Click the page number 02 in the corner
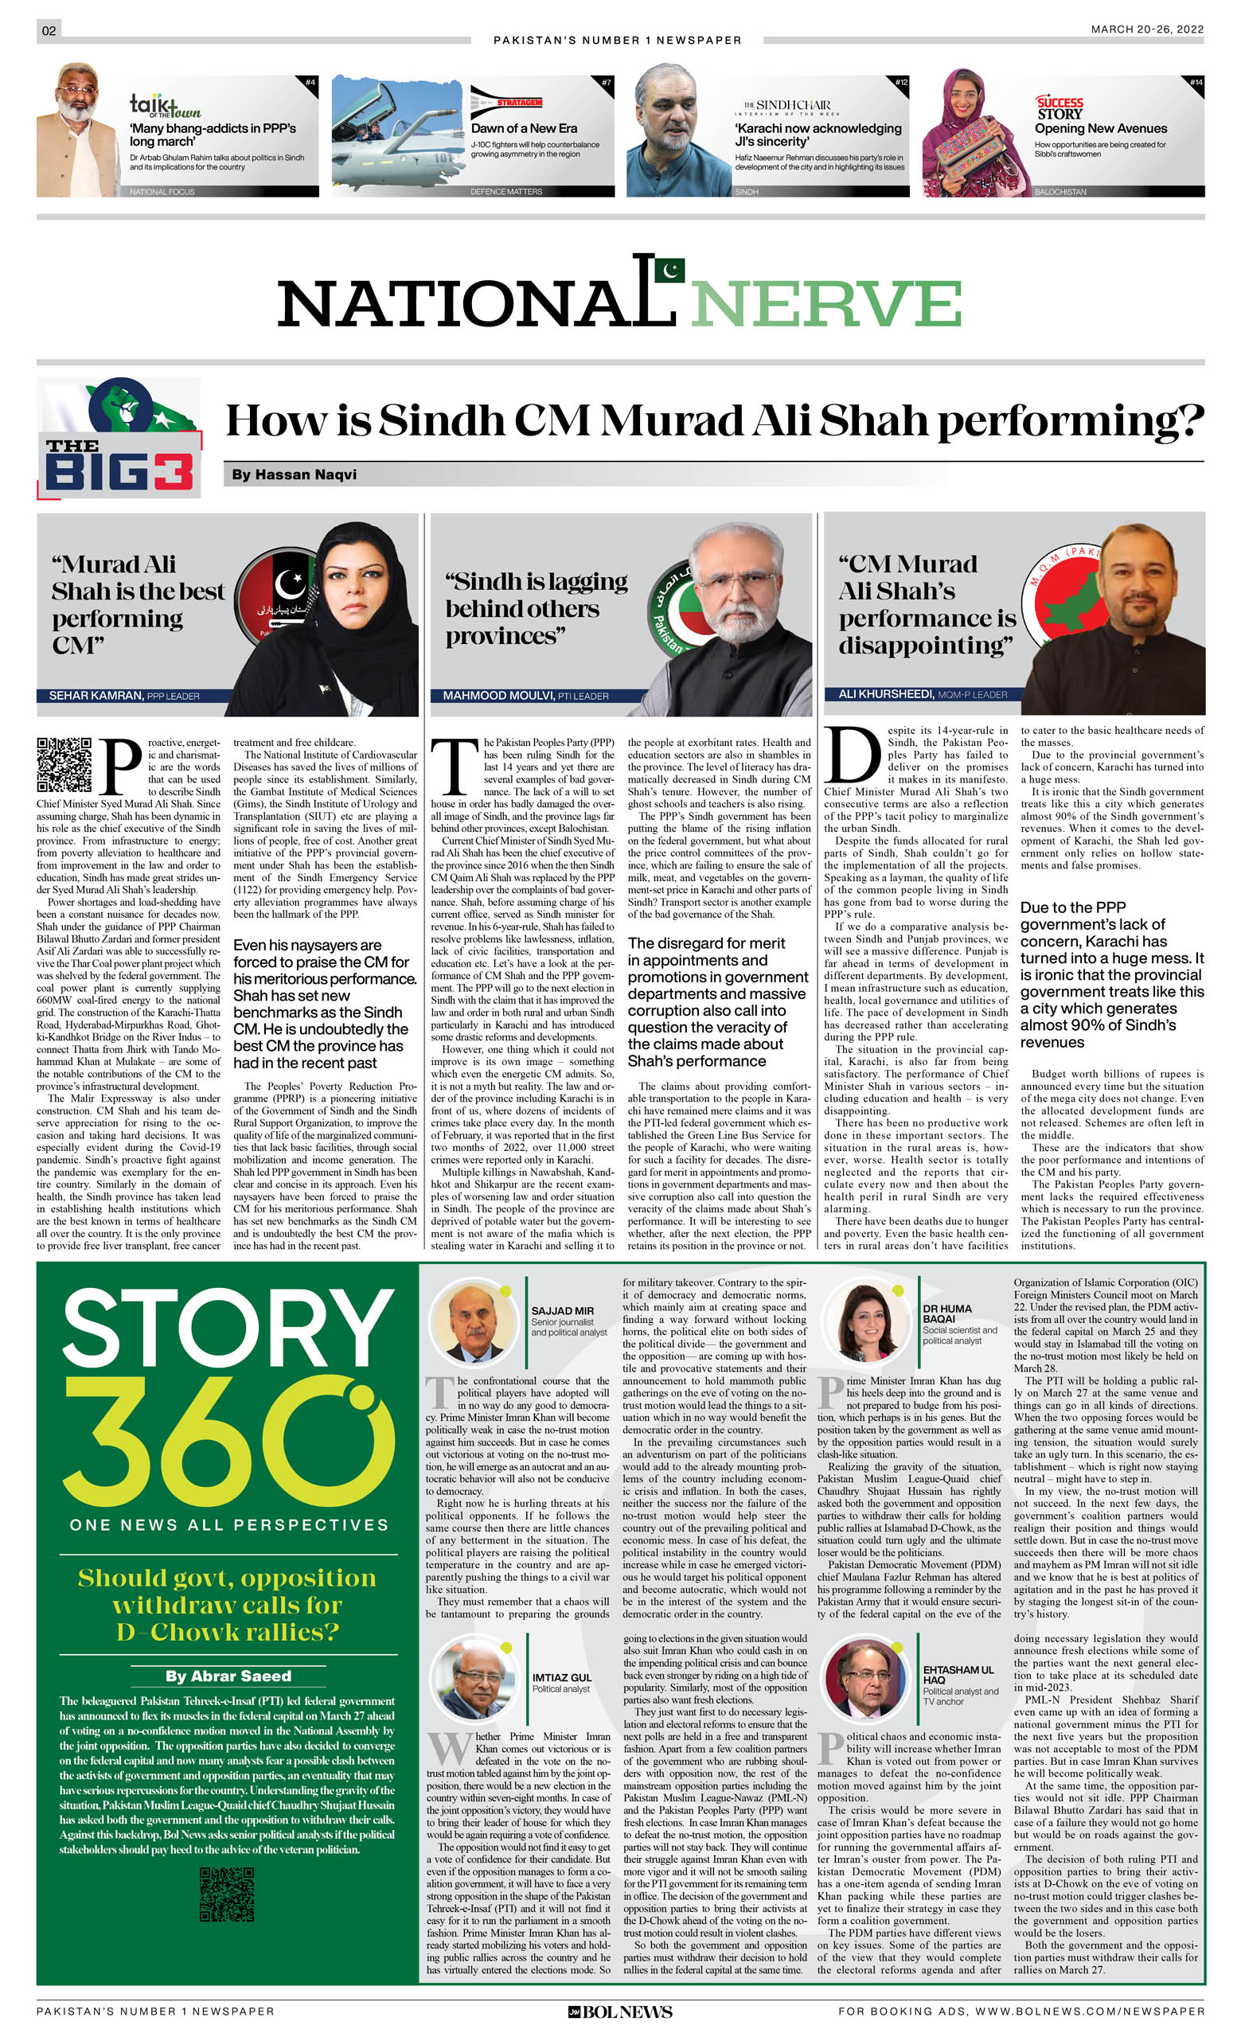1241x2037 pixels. pos(49,30)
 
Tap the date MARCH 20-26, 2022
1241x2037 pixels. pos(1146,29)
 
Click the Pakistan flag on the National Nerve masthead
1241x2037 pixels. pos(669,270)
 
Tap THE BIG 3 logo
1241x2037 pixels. pos(119,438)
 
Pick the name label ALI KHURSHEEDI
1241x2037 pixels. pos(885,693)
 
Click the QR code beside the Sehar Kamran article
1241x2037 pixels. pos(64,765)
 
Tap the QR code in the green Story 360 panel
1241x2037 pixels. pos(227,1894)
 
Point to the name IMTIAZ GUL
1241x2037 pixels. pos(561,1677)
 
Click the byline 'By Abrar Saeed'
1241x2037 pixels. pos(228,1676)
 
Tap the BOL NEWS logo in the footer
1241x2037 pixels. pos(620,2012)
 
